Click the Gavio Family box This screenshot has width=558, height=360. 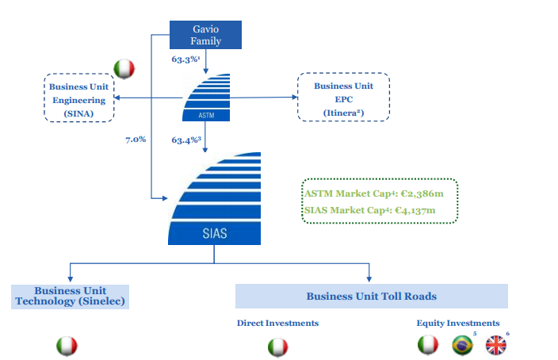(206, 35)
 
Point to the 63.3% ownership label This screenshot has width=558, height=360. (186, 59)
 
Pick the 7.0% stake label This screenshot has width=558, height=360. (136, 140)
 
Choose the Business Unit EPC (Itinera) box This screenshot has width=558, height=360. (343, 98)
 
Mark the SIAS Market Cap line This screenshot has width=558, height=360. (370, 210)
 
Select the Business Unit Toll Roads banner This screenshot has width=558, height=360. (371, 296)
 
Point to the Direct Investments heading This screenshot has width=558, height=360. (277, 323)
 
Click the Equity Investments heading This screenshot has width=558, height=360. (458, 323)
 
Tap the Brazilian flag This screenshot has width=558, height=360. (461, 345)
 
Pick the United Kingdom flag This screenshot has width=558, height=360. (495, 345)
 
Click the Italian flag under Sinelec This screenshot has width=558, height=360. (67, 347)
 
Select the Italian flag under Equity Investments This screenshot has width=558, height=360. (428, 345)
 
